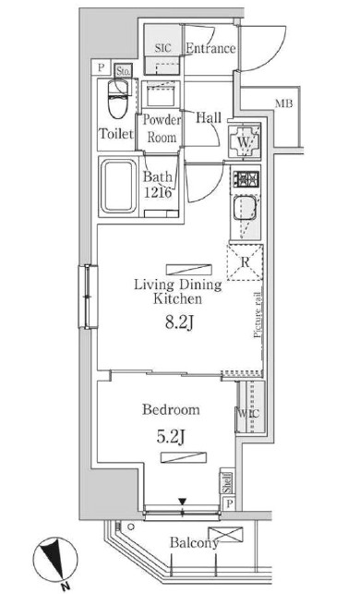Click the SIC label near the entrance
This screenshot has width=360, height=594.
163,46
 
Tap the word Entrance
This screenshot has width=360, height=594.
210,48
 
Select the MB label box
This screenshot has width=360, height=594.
283,103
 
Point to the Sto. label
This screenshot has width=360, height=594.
123,69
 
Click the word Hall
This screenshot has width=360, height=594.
208,117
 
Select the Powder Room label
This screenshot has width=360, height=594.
162,128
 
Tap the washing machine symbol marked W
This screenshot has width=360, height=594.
244,143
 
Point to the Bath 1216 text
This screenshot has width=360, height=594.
162,187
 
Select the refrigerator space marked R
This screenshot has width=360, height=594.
246,261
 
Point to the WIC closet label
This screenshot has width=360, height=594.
246,415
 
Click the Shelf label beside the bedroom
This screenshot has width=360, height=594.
225,483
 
